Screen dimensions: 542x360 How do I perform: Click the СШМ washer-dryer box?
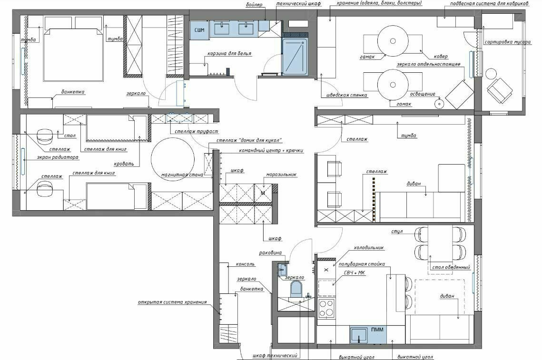[200, 30]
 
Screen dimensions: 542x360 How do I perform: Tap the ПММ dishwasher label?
[377, 330]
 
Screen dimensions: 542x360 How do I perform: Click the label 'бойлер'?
[254, 5]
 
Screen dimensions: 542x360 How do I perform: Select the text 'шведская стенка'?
[346, 95]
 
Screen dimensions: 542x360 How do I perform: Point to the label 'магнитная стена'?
[182, 175]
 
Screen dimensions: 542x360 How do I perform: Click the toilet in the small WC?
[296, 289]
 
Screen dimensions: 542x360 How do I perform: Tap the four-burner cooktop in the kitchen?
[326, 308]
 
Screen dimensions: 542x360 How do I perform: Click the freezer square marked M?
[263, 193]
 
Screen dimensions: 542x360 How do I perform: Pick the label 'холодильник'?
[368, 248]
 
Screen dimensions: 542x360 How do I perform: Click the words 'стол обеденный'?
[451, 267]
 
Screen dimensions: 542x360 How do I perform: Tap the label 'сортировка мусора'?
[507, 42]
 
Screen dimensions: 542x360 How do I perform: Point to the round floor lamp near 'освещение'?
[439, 103]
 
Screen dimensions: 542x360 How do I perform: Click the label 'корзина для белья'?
[229, 54]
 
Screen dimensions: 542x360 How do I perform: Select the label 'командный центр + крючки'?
[271, 151]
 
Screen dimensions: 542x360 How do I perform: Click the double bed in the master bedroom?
[73, 55]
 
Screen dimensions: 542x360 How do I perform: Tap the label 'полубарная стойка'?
[362, 264]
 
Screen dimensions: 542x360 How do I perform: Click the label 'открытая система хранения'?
[172, 302]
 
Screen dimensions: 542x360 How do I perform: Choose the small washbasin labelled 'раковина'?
[282, 270]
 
